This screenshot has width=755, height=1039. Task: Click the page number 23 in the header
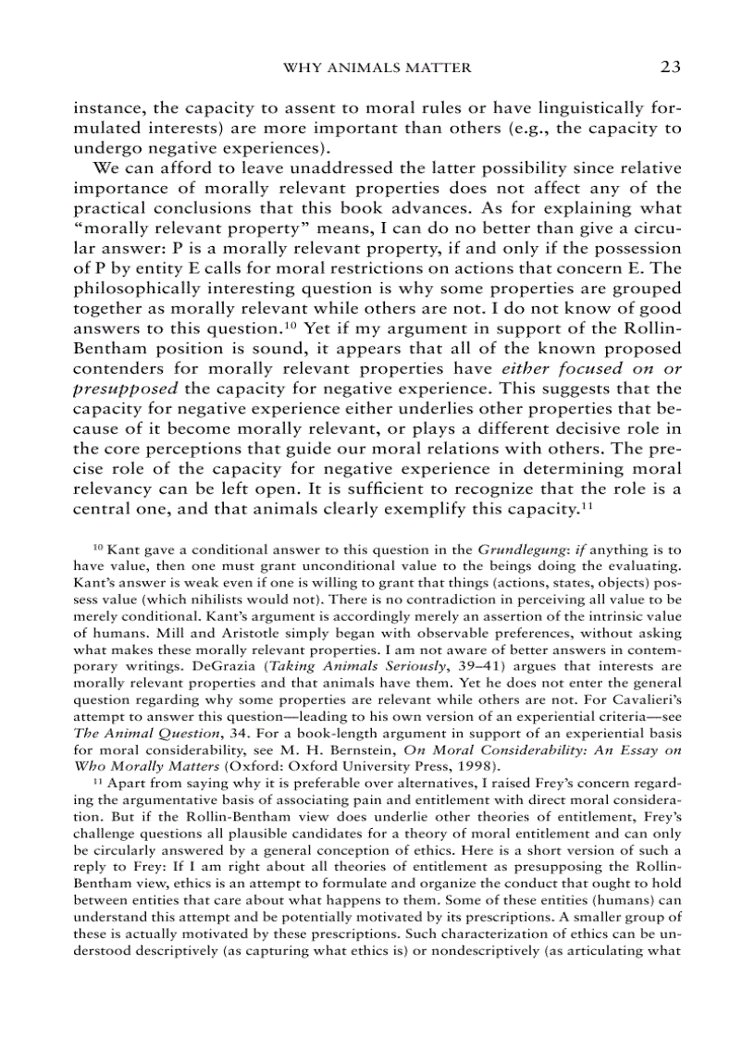pyautogui.click(x=671, y=67)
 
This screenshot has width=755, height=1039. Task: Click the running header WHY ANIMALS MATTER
pyautogui.click(x=377, y=68)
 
